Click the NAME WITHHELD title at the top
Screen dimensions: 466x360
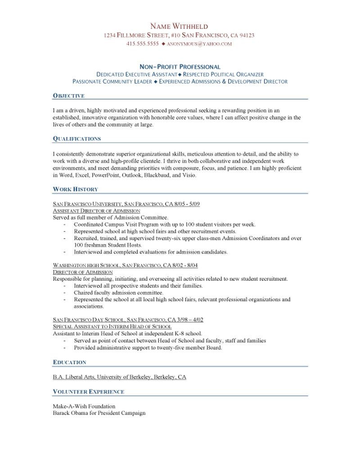(x=179, y=26)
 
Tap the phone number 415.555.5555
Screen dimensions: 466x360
(x=143, y=44)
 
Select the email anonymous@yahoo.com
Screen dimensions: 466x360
(x=199, y=44)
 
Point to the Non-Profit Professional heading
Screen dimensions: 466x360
(x=180, y=67)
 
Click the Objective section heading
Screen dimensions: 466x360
(x=68, y=96)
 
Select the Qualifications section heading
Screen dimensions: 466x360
(x=76, y=138)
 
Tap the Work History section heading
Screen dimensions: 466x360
(x=75, y=189)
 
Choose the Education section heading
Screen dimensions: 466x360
(x=69, y=362)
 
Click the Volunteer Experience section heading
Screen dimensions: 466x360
(x=88, y=392)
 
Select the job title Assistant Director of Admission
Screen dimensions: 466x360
(x=96, y=211)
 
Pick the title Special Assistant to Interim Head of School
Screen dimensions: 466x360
(x=112, y=326)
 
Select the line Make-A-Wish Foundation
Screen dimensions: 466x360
(x=81, y=406)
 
